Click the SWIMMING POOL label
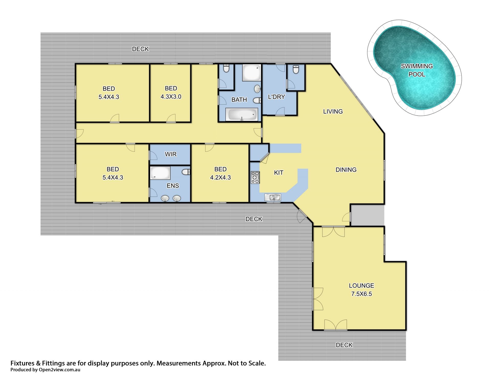coord(417,70)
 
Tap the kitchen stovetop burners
coord(255,177)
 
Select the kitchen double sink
coord(273,197)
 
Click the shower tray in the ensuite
coord(160,173)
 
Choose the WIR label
coord(171,154)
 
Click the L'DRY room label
coord(276,97)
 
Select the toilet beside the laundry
coord(296,69)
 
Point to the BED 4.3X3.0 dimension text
coord(171,97)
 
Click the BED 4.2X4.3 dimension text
coord(220,177)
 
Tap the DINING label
coord(346,170)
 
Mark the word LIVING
coord(333,111)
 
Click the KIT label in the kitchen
coord(278,173)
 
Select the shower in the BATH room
coord(251,73)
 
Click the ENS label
coord(173,186)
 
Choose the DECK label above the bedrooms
coord(140,49)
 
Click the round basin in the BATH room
coord(257,89)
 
